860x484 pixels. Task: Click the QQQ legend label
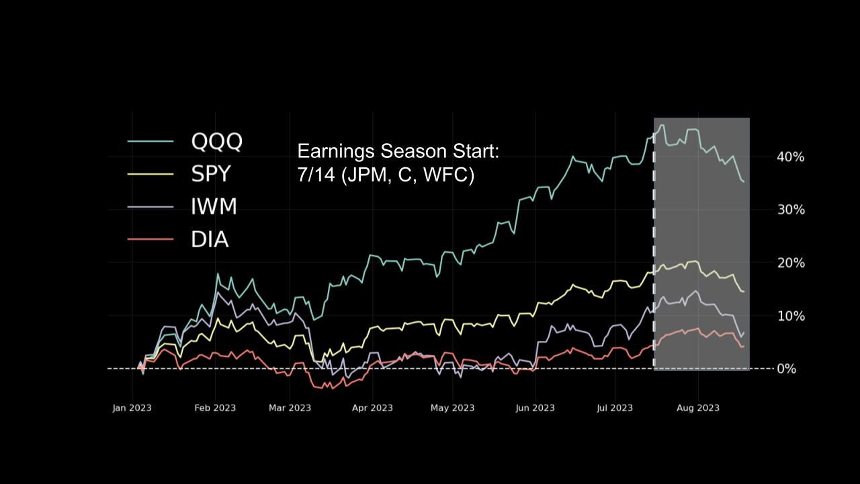click(216, 141)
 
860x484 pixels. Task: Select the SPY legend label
click(210, 174)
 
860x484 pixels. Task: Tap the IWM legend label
click(214, 206)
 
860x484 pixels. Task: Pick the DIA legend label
click(210, 239)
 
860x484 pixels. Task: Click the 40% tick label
click(791, 157)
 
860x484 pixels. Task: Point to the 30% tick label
click(791, 210)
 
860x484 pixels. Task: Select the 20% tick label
click(791, 263)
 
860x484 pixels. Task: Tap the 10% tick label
click(791, 316)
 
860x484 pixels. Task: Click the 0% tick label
click(787, 369)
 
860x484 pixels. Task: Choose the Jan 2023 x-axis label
click(132, 408)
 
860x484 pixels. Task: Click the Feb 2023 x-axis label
click(216, 408)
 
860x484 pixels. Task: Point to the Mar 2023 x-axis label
click(290, 408)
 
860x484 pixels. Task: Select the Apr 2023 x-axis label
click(372, 408)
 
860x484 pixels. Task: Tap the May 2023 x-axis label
click(453, 408)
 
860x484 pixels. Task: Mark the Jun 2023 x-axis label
click(535, 408)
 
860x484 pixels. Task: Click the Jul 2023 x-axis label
click(615, 408)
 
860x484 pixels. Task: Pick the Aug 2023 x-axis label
click(698, 408)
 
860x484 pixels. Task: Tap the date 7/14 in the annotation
click(316, 175)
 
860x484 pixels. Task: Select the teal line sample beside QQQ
click(150, 141)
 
